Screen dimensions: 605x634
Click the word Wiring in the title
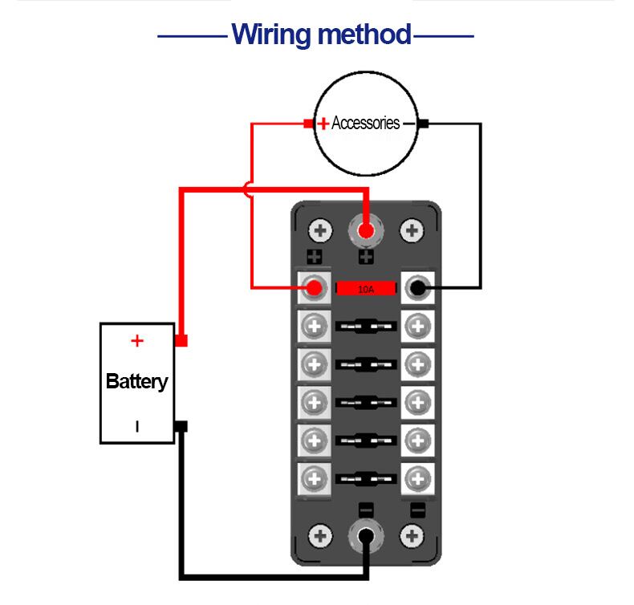point(270,35)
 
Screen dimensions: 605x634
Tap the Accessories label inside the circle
point(365,124)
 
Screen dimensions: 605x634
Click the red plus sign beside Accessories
point(323,124)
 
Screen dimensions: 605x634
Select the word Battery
point(137,380)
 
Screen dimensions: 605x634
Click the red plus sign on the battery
point(137,341)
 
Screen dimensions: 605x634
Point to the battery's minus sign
point(137,427)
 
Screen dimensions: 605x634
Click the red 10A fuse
point(366,287)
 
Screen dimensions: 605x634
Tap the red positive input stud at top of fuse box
point(366,232)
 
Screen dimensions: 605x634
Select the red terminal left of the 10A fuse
point(315,286)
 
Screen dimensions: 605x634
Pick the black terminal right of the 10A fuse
point(417,286)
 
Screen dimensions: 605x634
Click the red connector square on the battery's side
point(181,341)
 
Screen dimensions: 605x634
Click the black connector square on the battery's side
point(181,426)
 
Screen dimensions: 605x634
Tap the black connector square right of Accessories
point(424,124)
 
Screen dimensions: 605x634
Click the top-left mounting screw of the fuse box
point(321,232)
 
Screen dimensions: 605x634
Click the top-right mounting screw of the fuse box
point(413,232)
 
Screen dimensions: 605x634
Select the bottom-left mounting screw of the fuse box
point(321,536)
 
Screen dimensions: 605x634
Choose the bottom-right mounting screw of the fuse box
point(413,536)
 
